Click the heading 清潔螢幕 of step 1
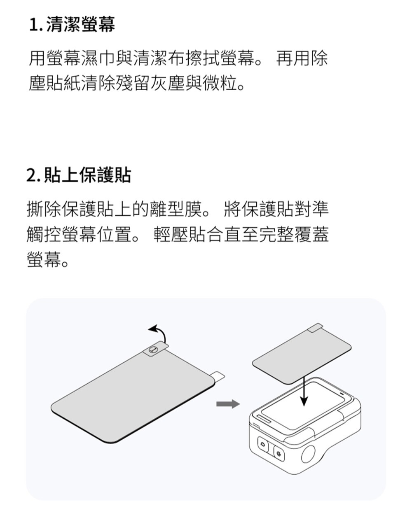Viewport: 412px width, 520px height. (x=80, y=24)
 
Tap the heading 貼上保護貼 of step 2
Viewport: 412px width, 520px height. (x=87, y=175)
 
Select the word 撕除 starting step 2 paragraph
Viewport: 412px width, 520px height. (x=44, y=209)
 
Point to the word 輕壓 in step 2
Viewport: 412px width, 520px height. (x=171, y=234)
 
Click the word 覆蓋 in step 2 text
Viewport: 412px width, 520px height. (x=312, y=234)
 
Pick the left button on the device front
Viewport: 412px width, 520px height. (x=263, y=444)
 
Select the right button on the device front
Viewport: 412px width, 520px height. (x=279, y=453)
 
